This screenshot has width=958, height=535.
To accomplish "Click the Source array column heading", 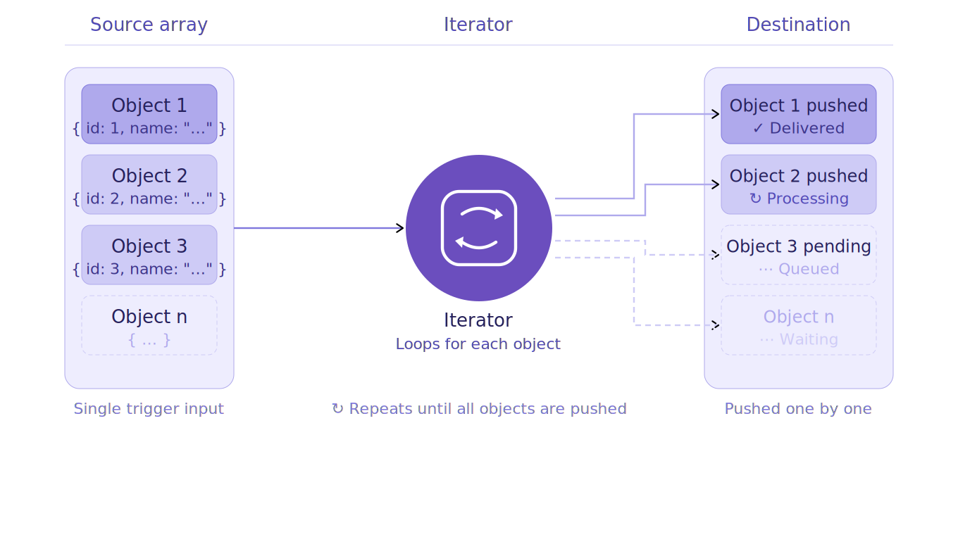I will pyautogui.click(x=149, y=25).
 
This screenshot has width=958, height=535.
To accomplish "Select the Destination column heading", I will pyautogui.click(x=798, y=25).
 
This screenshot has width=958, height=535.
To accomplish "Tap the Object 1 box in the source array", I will pyautogui.click(x=149, y=114).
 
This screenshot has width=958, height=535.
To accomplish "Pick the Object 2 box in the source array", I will pyautogui.click(x=149, y=184).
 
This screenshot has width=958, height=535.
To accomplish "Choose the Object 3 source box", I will pyautogui.click(x=149, y=255).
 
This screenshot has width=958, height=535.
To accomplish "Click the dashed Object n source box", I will pyautogui.click(x=149, y=325).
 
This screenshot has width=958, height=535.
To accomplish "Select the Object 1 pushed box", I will pyautogui.click(x=798, y=114).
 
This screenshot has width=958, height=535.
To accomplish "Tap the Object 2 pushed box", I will pyautogui.click(x=798, y=184).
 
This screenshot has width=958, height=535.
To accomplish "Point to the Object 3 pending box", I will pyautogui.click(x=798, y=255).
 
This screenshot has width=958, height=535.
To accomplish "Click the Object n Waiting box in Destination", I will pyautogui.click(x=798, y=325).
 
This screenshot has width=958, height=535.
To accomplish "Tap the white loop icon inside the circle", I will pyautogui.click(x=479, y=228).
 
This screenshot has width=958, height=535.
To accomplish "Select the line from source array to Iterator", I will pyautogui.click(x=317, y=228).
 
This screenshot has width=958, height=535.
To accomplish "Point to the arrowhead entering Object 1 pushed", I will pyautogui.click(x=715, y=114).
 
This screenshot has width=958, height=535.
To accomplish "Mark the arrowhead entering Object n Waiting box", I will pyautogui.click(x=715, y=325).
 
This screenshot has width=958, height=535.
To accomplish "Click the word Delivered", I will pyautogui.click(x=807, y=128).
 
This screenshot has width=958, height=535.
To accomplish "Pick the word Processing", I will pyautogui.click(x=807, y=199).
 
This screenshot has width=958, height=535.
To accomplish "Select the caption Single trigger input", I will pyautogui.click(x=149, y=409).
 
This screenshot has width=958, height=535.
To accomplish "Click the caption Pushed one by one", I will pyautogui.click(x=798, y=409).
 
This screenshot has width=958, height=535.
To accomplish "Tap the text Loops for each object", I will pyautogui.click(x=478, y=344).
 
